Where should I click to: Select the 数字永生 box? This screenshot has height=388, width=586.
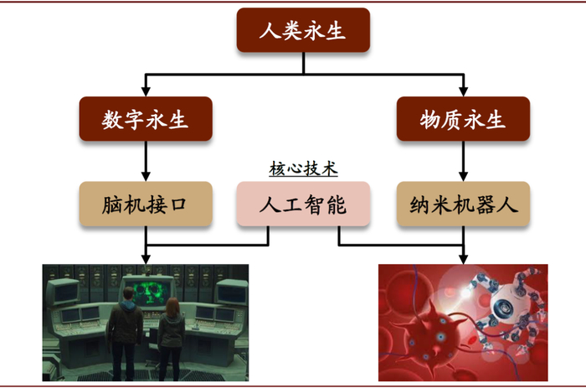[146, 119]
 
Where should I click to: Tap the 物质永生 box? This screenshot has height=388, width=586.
[463, 119]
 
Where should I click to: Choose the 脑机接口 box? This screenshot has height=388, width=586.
[146, 204]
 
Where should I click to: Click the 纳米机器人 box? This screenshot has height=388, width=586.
[463, 204]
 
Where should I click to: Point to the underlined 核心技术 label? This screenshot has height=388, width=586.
[303, 168]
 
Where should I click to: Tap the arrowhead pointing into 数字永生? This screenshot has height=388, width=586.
[146, 91]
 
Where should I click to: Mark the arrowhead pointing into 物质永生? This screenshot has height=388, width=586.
[463, 91]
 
